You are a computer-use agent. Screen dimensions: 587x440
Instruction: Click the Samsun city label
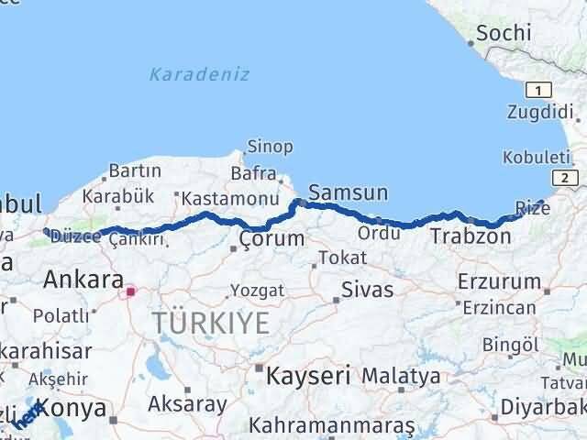click(x=349, y=192)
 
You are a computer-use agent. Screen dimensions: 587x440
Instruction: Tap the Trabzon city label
click(x=471, y=236)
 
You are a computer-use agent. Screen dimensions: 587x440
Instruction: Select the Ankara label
click(x=83, y=279)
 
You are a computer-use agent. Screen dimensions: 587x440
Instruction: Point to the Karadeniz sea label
click(x=199, y=74)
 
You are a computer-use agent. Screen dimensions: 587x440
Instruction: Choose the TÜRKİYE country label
click(x=211, y=322)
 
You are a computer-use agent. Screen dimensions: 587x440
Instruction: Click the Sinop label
click(x=270, y=147)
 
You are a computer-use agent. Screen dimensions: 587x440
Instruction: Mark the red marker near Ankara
click(x=130, y=291)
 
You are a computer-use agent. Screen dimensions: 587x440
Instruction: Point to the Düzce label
click(x=74, y=237)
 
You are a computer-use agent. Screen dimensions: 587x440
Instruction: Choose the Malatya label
click(x=400, y=375)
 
